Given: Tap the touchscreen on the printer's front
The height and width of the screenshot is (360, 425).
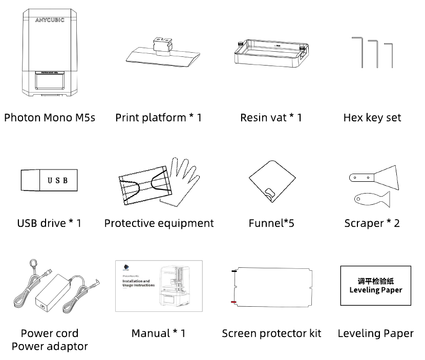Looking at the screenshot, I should click(49, 80).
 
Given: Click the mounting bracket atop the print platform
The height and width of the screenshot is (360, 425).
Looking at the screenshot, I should click(162, 44).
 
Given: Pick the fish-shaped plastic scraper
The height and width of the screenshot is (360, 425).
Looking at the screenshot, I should click(371, 198).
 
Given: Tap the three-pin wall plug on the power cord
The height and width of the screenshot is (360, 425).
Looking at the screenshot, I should click(33, 266).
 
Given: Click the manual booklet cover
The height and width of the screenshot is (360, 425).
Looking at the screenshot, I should click(159, 286).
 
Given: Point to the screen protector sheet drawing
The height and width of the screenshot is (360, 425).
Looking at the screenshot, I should click(271, 287).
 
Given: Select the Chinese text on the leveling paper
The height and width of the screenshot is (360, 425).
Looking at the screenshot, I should click(375, 281).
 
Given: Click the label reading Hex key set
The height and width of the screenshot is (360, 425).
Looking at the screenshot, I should click(372, 118).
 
